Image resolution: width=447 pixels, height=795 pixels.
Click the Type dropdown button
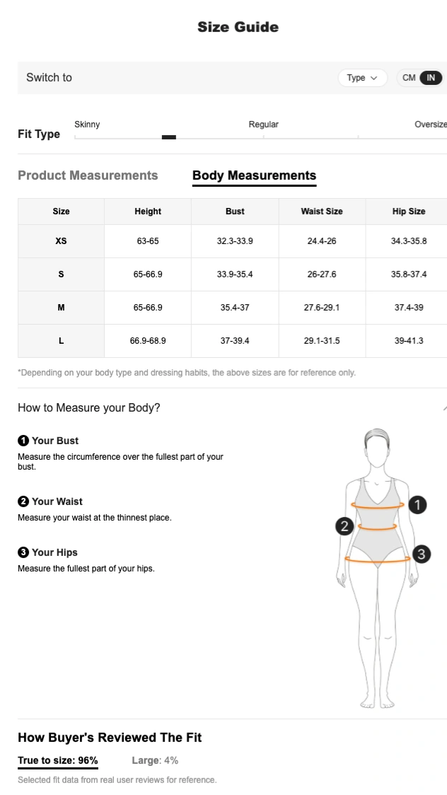362,78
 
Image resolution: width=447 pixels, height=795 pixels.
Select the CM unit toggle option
409,78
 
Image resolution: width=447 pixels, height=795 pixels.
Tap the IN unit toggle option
431,78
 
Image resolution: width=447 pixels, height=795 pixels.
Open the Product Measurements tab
88,175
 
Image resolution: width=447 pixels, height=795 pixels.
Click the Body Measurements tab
255,175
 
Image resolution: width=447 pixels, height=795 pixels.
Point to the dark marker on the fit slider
169,137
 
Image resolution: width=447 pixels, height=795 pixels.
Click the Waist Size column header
322,211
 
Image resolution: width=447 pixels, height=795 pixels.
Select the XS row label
61,240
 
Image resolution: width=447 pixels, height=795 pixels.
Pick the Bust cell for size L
235,341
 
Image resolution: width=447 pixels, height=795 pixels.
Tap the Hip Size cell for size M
409,307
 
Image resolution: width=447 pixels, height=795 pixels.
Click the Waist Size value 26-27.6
322,274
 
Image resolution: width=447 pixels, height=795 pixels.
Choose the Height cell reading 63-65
148,240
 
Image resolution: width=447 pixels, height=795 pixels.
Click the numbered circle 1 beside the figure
417,505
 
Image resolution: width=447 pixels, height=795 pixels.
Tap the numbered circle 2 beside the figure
344,526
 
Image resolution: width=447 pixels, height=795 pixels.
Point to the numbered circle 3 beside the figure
422,555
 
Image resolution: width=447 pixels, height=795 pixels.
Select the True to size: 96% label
58,760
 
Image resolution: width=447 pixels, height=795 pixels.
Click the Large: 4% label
155,760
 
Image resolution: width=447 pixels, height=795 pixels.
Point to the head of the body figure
377,448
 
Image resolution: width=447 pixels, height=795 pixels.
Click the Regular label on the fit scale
264,124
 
